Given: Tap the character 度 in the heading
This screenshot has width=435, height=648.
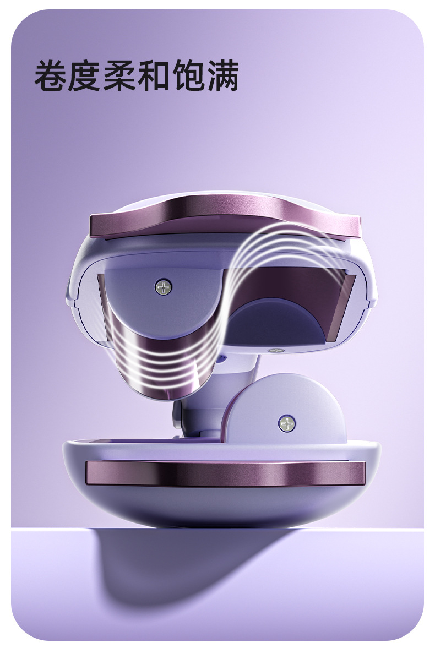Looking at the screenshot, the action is click(84, 75).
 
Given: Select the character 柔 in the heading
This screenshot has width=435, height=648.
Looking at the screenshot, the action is click(119, 75).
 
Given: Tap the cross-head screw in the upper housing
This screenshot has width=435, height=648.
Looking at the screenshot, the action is click(164, 286).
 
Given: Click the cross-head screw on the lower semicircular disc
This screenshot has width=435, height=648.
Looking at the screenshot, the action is click(286, 423).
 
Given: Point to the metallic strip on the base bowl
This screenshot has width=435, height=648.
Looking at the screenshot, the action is click(226, 473).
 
